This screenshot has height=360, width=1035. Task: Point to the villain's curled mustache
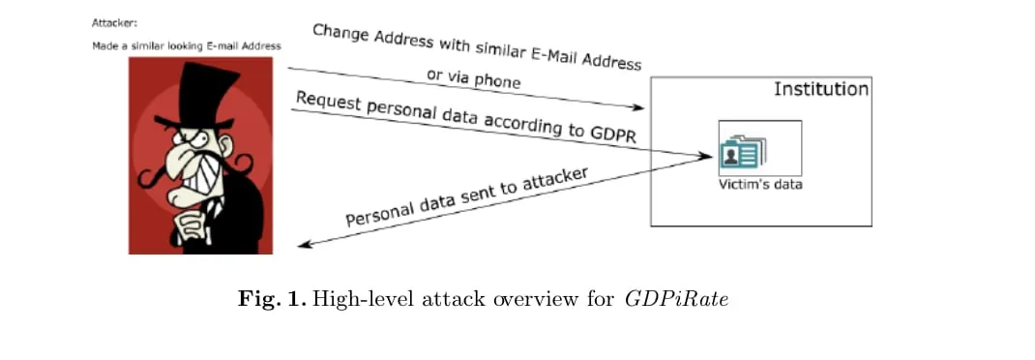(155, 175)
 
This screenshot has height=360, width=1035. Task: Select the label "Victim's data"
(759, 183)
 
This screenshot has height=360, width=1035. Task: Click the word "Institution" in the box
(820, 89)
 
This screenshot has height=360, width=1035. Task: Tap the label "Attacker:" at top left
(113, 20)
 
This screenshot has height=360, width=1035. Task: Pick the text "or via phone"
(473, 77)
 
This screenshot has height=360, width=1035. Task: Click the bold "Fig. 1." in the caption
(272, 299)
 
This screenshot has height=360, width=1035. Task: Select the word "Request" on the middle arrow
(329, 102)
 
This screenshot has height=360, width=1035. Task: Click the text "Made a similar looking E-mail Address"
(186, 45)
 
